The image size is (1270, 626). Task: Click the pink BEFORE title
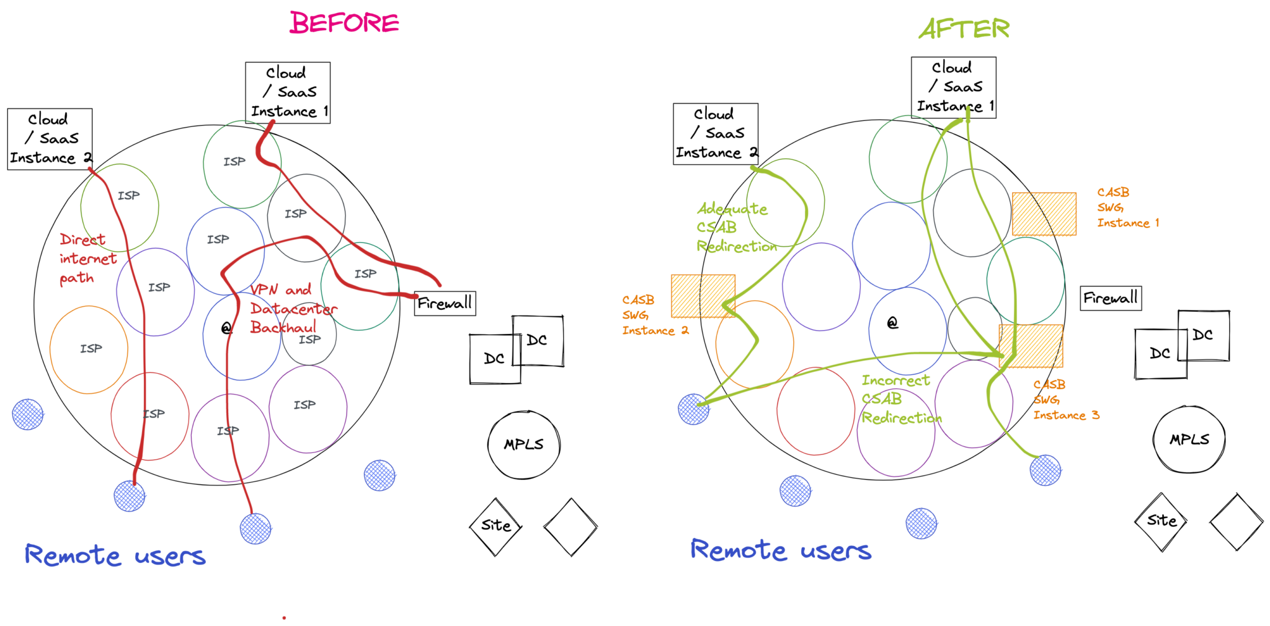point(344,23)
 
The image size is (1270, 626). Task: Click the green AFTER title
point(964,29)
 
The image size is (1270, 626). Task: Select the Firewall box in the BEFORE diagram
point(445,303)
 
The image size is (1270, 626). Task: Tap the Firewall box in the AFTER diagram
point(1111,298)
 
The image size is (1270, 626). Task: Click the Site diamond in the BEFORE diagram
point(496,527)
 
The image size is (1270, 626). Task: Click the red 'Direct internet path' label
point(88,258)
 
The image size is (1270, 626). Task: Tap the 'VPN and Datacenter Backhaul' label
point(293,308)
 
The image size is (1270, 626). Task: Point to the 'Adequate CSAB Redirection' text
point(736,227)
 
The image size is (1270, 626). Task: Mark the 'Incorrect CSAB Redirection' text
point(901,399)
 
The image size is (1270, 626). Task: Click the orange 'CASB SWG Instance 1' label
point(1128,208)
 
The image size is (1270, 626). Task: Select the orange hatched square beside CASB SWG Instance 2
point(703,296)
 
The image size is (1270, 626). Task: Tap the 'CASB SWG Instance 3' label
point(1066,400)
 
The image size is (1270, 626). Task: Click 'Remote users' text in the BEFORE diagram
point(115,555)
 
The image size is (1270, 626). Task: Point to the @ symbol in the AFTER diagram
point(892,322)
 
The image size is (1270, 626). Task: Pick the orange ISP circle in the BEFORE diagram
point(89,350)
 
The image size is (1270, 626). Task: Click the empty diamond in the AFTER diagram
point(1237,522)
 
